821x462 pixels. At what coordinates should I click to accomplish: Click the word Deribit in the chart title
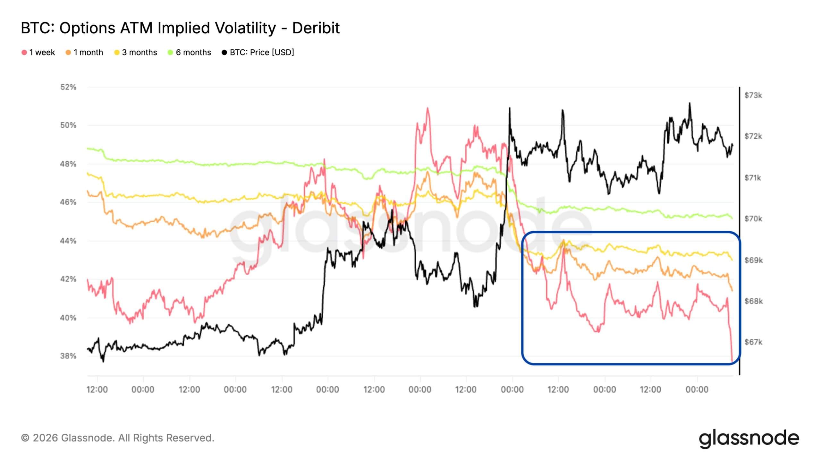point(316,28)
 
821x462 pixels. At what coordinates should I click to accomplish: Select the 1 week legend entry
point(38,52)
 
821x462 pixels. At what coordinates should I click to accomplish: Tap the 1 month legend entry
point(84,52)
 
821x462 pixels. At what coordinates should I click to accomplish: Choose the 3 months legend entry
point(136,52)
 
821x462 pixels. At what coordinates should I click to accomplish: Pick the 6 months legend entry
point(190,52)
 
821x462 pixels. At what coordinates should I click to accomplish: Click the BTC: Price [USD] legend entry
point(258,52)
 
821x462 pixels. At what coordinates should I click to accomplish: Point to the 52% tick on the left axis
point(68,87)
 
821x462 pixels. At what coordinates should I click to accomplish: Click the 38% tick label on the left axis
point(68,356)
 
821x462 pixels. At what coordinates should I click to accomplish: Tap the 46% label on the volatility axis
point(68,202)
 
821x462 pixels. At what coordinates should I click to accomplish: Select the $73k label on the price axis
point(753,95)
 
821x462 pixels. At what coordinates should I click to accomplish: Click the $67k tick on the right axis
point(753,342)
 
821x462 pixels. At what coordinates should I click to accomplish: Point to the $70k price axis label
point(753,219)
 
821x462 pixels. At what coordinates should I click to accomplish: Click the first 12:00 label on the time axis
point(97,389)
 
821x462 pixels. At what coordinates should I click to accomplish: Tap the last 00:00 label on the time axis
point(697,389)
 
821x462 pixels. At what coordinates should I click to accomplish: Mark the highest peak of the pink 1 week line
point(427,108)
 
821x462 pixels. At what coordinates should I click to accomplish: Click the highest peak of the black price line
point(690,103)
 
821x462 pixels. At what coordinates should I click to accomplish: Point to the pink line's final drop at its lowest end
point(732,361)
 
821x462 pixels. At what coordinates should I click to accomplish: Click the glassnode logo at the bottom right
point(749,438)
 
